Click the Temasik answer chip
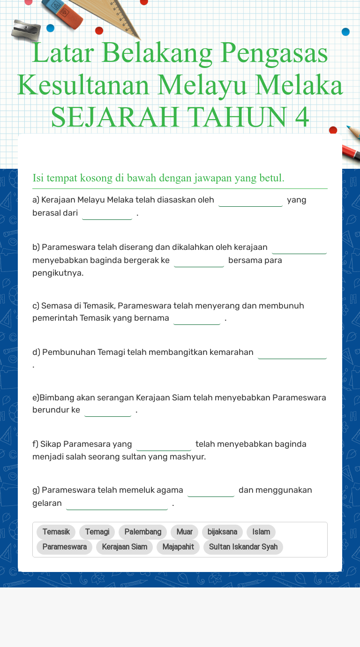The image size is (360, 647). click(56, 532)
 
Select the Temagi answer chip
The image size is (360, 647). click(97, 532)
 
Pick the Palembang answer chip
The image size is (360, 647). click(142, 532)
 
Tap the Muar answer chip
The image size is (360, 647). click(184, 532)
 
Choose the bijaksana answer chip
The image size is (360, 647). click(222, 532)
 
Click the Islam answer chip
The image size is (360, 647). click(261, 532)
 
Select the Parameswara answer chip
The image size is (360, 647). click(64, 547)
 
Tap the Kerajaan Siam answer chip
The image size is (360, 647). click(124, 547)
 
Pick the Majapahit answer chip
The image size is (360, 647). click(178, 547)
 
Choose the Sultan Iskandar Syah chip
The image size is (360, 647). click(243, 547)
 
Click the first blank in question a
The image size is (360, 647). click(250, 201)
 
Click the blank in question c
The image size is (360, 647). click(197, 319)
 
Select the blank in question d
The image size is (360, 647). click(292, 353)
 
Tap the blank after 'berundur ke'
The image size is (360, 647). click(108, 411)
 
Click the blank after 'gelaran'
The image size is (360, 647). click(117, 504)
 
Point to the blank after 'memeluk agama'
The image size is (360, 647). click(211, 491)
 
